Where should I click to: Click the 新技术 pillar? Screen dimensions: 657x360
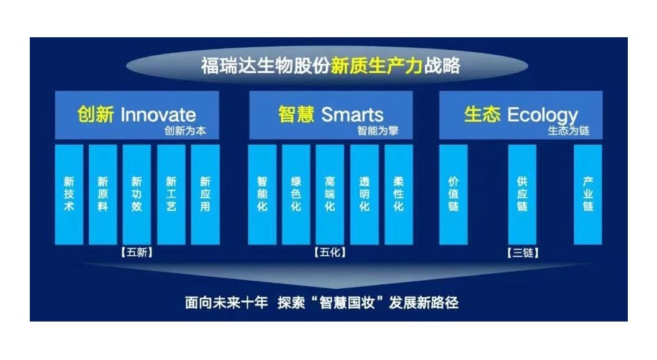(x=69, y=194)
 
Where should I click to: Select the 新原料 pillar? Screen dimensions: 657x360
(x=102, y=194)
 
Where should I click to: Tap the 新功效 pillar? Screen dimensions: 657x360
(x=137, y=194)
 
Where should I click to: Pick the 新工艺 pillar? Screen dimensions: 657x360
(x=171, y=194)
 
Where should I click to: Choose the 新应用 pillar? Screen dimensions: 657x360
(x=206, y=194)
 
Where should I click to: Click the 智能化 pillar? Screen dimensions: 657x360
(x=262, y=194)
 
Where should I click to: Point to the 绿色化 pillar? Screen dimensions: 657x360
(x=296, y=194)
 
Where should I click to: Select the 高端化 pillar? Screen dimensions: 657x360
(x=330, y=194)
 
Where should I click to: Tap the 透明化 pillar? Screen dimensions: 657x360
(x=365, y=194)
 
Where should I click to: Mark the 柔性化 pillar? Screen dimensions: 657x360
(x=399, y=194)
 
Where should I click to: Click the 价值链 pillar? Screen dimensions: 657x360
(x=453, y=194)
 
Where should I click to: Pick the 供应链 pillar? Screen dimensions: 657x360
(x=522, y=194)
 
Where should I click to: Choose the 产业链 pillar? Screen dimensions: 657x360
(x=588, y=194)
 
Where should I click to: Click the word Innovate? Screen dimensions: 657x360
(x=158, y=115)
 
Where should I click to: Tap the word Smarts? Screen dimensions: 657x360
(x=352, y=115)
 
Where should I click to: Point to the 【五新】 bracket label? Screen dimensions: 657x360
(x=137, y=253)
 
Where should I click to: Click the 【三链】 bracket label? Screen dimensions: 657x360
(x=522, y=253)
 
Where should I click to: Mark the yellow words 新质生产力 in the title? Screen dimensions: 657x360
(x=376, y=66)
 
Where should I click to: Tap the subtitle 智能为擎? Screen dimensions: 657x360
(x=378, y=130)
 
